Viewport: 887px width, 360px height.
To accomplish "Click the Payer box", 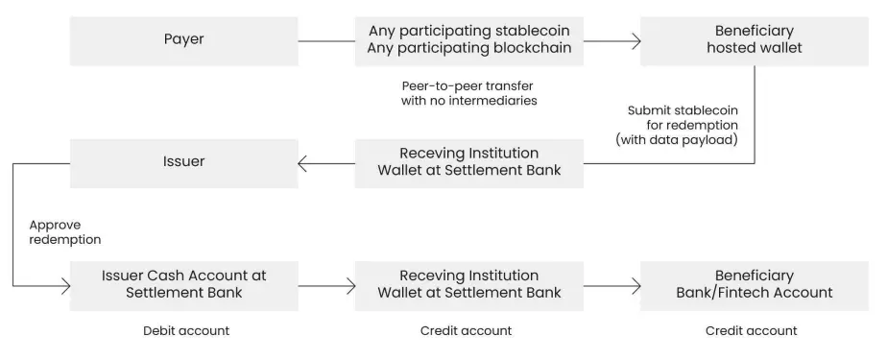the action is [184, 40].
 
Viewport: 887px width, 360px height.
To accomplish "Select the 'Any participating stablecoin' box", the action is [469, 40].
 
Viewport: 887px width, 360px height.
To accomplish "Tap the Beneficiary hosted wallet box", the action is [755, 40].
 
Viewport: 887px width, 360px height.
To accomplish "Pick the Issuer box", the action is [184, 163].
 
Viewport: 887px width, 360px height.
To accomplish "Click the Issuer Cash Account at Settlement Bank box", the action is [184, 286].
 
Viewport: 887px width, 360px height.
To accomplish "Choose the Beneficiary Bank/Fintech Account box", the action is [755, 286].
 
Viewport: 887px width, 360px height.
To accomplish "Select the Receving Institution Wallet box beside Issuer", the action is [469, 163].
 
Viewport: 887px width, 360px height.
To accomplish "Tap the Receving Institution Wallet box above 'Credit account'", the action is [469, 286].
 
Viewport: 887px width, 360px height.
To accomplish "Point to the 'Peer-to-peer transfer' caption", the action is [468, 93].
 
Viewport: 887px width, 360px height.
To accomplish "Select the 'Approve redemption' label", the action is [65, 232].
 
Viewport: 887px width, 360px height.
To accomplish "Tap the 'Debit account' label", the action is [186, 330].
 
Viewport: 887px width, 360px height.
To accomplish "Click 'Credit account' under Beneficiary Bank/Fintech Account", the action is [752, 330].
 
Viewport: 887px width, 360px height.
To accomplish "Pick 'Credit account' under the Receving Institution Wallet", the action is [467, 330].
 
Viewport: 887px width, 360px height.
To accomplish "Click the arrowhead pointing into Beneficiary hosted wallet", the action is [635, 40].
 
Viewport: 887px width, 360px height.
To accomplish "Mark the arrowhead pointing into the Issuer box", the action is [302, 163].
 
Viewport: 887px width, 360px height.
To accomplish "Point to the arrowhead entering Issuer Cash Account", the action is [65, 286].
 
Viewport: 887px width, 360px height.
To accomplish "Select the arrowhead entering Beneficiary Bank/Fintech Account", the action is [635, 286].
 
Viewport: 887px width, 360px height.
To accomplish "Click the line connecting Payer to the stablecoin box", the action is [326, 40].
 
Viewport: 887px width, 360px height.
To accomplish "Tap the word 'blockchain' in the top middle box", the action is [533, 48].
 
